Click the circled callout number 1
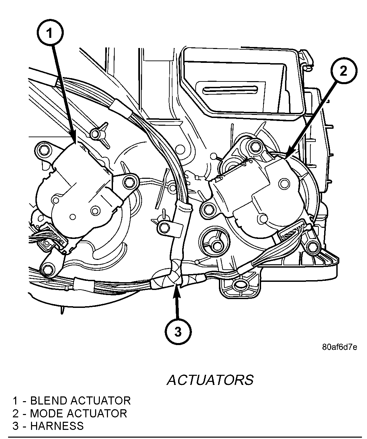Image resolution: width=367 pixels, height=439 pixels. pyautogui.click(x=49, y=34)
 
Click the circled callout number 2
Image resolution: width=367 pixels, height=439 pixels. pyautogui.click(x=343, y=72)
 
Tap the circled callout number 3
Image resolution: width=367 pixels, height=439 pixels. pyautogui.click(x=178, y=332)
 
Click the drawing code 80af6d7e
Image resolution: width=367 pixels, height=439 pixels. pyautogui.click(x=339, y=347)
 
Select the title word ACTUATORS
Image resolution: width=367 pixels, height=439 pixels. pyautogui.click(x=210, y=380)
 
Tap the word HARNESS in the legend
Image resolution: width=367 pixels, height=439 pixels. pyautogui.click(x=57, y=426)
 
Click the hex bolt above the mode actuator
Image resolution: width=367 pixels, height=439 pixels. pyautogui.click(x=255, y=146)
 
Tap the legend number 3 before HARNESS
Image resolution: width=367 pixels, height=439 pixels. pyautogui.click(x=16, y=426)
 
